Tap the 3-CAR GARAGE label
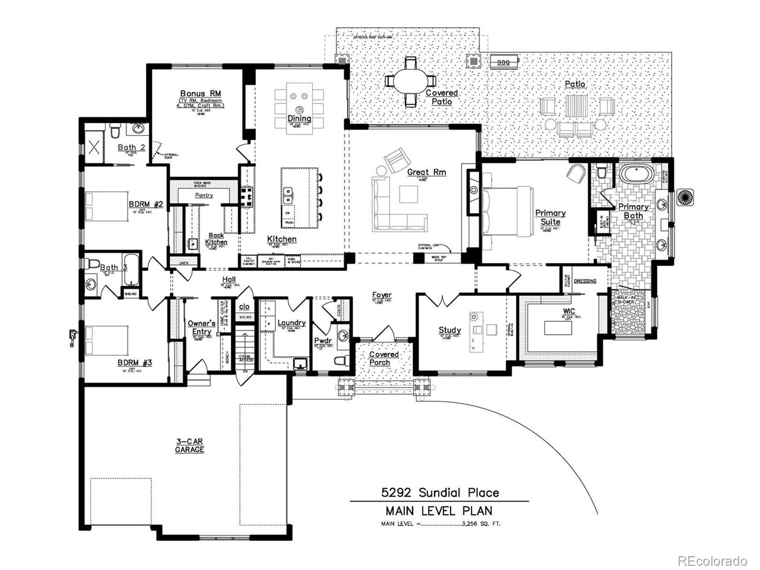tap(189, 445)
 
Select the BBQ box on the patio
tap(504, 59)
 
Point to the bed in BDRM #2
tap(107, 206)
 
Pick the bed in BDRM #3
tap(107, 341)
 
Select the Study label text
tap(449, 330)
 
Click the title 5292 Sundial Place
tap(439, 492)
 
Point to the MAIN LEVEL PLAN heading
tap(439, 511)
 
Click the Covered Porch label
tap(384, 358)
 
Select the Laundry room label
tap(292, 323)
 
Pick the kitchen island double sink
tap(288, 193)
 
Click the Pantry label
tap(204, 195)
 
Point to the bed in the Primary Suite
tap(507, 211)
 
